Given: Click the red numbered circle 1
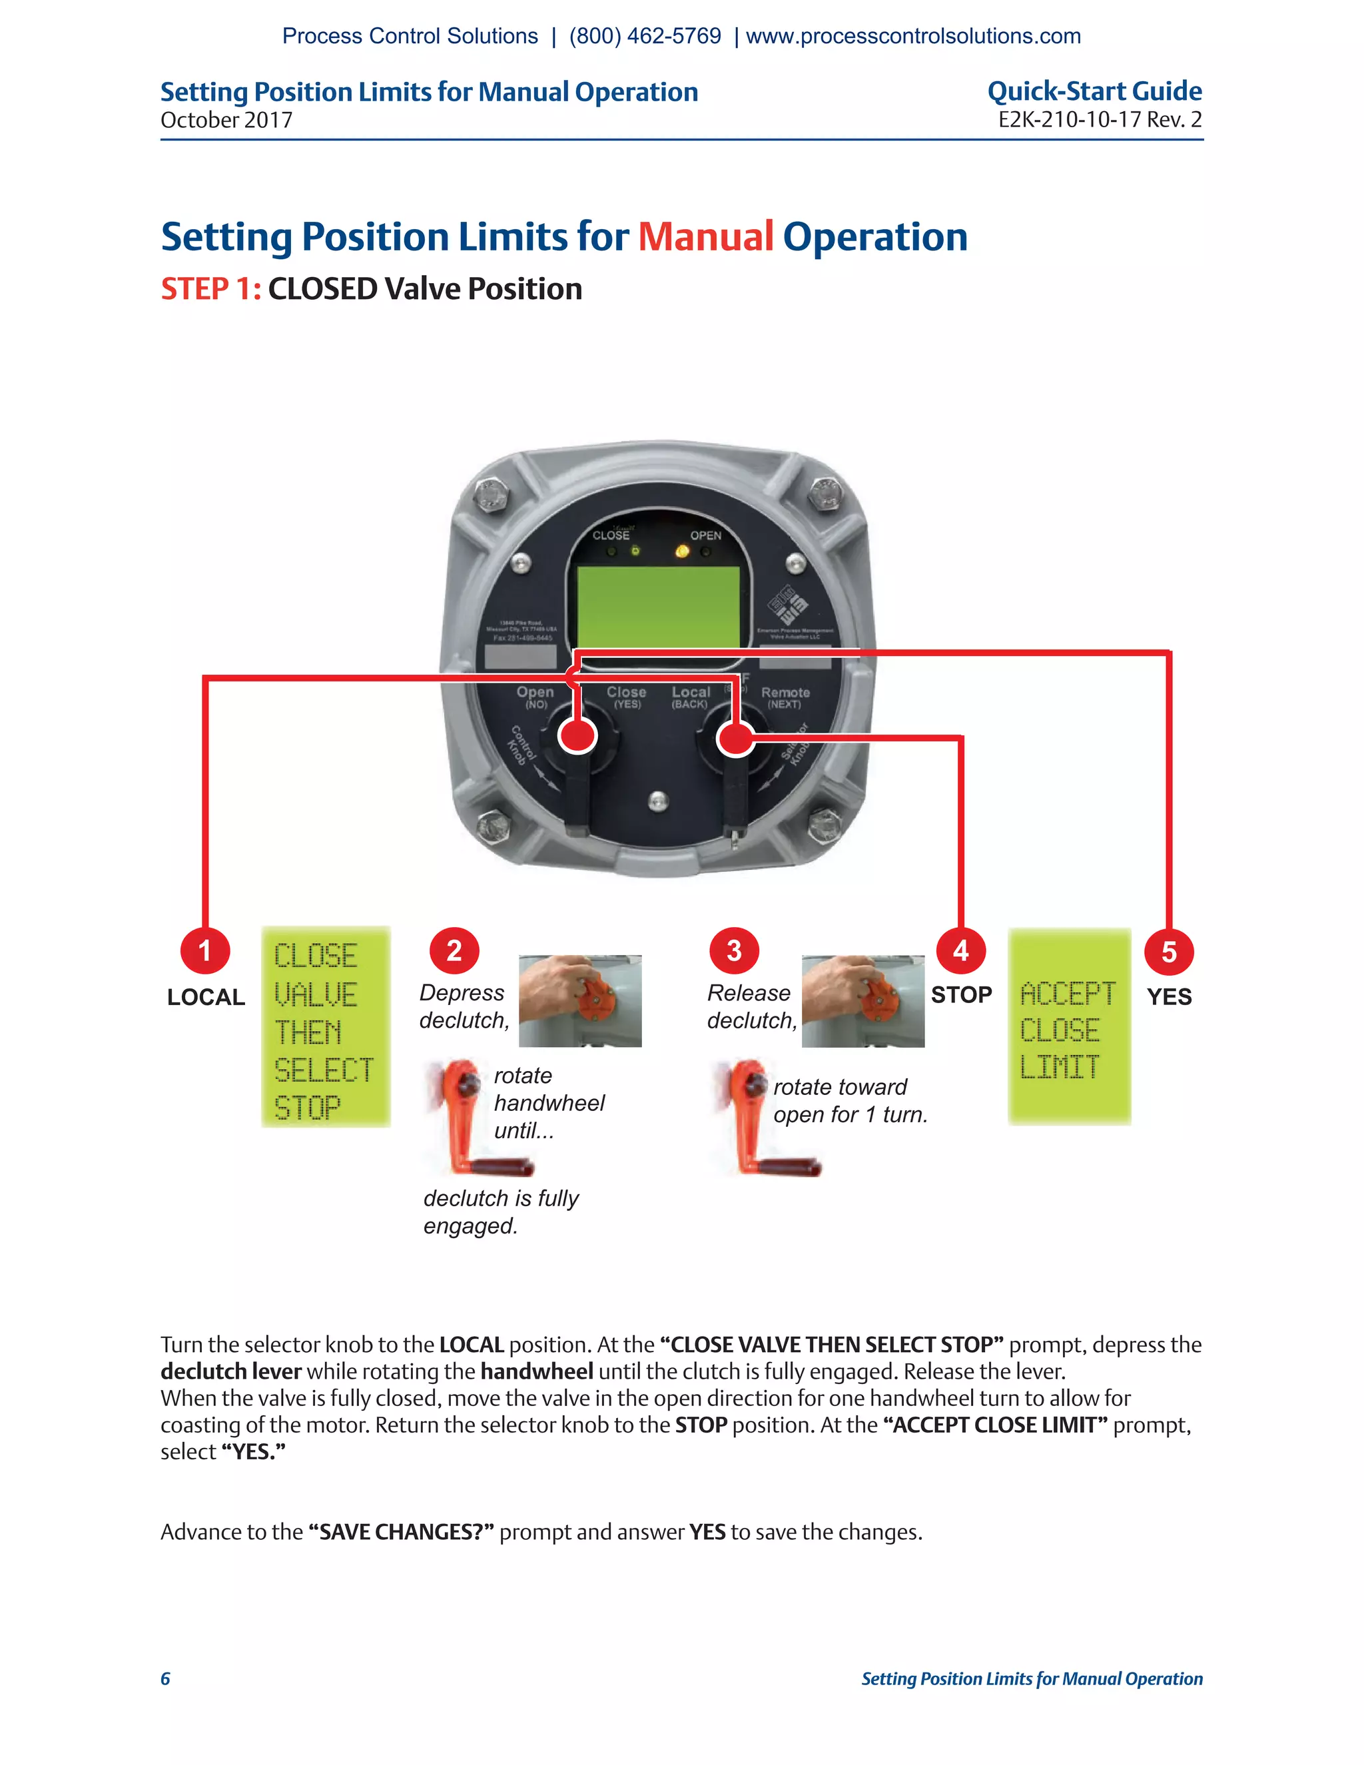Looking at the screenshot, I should (205, 950).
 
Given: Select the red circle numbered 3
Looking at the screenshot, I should (734, 950).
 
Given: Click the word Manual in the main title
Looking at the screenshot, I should (705, 237).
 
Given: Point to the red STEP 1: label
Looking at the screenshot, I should (211, 289).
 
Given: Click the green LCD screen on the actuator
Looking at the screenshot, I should (659, 605).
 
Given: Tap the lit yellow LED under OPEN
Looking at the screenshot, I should (682, 551).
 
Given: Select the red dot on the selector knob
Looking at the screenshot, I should (735, 737).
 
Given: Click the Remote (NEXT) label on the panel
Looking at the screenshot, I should (785, 697).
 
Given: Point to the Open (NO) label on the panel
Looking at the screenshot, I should (535, 697).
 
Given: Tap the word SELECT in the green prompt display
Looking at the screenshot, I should (323, 1070).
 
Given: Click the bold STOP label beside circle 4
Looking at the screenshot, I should (961, 995).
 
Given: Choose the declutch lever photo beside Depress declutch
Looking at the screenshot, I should (579, 1000).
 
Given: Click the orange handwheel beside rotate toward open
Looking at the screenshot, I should (764, 1120).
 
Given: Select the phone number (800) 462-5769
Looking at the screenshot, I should (645, 37).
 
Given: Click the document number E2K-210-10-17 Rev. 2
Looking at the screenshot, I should (1099, 120).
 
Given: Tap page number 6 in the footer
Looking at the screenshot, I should (166, 1678).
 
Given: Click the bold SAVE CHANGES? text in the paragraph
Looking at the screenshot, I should (401, 1533).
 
